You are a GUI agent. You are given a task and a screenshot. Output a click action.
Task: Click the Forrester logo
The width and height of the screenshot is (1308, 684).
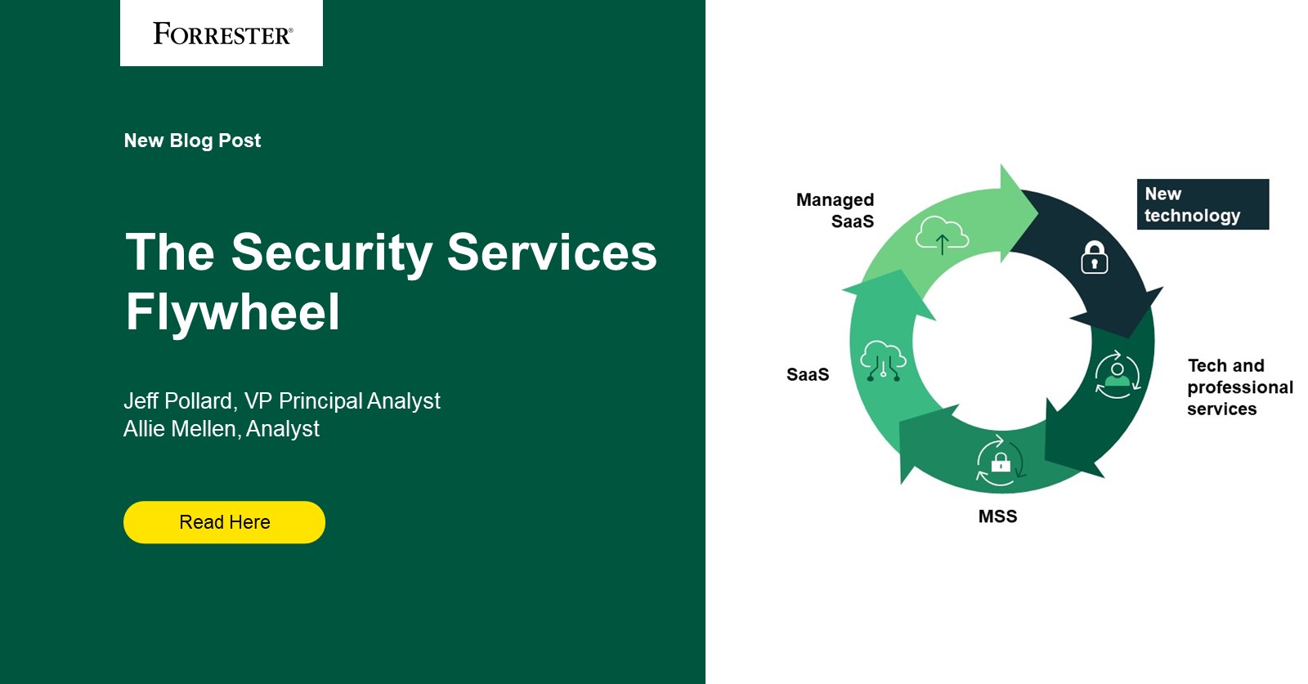pos(222,34)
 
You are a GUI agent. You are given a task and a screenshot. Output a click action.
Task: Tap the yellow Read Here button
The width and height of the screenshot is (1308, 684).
pos(224,522)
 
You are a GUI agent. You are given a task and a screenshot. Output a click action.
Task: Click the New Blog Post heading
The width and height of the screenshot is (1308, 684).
pos(192,141)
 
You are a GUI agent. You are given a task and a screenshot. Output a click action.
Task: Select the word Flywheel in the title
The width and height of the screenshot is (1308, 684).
pos(232,312)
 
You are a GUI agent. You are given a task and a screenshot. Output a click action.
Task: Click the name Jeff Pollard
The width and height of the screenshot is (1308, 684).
pos(177,401)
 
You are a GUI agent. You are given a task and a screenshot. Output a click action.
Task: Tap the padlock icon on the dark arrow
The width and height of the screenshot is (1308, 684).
pos(1094,257)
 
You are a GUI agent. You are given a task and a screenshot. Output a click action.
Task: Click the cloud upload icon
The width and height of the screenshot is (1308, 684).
pos(942,235)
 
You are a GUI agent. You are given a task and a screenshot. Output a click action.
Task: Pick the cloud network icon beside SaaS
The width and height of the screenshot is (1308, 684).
pos(883,361)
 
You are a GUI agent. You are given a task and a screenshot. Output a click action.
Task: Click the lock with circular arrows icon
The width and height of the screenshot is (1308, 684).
pos(1000,462)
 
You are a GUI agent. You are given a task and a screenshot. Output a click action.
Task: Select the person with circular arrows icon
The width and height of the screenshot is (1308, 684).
pos(1117,375)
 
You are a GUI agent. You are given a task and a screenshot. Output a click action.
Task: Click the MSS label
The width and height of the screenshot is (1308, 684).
pos(997,516)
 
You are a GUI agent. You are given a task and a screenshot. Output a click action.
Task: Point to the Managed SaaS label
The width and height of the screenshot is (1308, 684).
pos(835,210)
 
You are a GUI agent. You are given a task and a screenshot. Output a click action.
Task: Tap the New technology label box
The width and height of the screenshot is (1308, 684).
pos(1202,204)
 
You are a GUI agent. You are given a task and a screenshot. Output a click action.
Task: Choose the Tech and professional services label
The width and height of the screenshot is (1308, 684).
pos(1239,387)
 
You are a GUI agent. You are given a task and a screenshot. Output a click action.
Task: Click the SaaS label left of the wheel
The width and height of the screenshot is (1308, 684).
pos(808,375)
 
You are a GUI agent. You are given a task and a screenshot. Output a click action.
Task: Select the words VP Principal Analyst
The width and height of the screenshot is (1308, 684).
pos(343,401)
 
